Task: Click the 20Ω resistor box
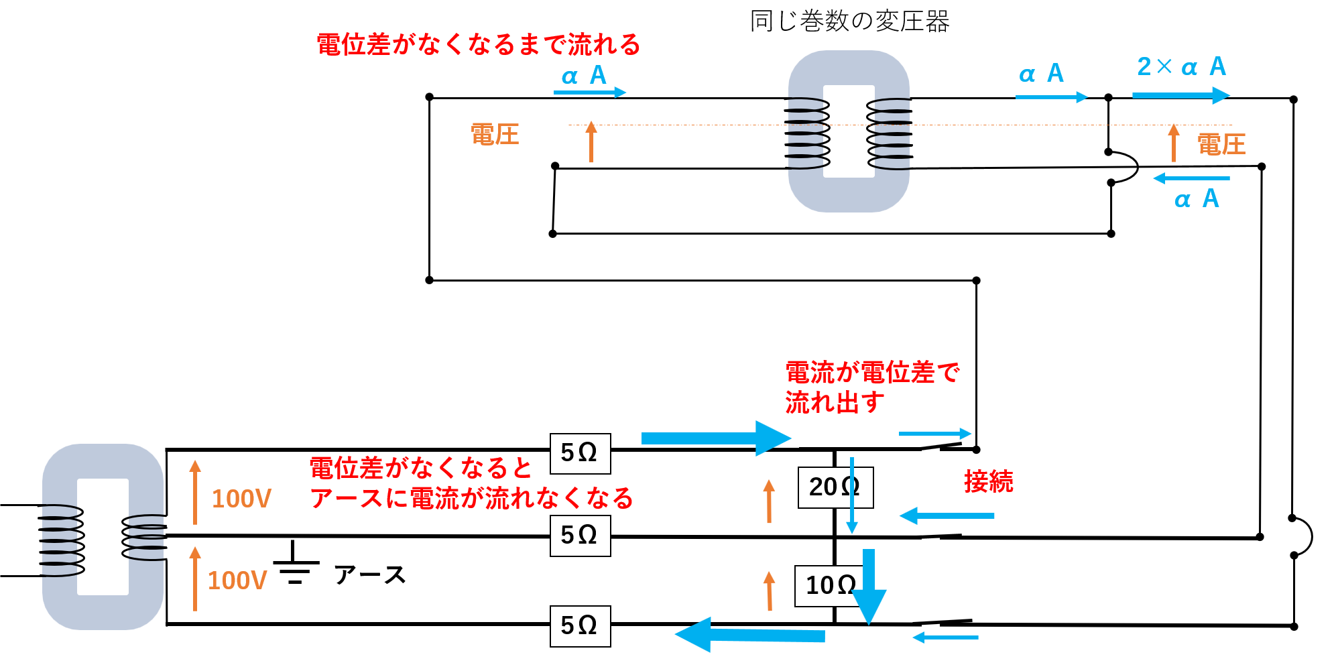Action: (835, 487)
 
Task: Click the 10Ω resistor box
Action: (830, 586)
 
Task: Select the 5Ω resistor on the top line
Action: (580, 454)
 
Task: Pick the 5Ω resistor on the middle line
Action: (580, 536)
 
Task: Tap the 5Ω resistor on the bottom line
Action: (580, 626)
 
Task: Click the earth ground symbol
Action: (295, 564)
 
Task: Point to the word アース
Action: (369, 575)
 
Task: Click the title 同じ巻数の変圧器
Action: (849, 21)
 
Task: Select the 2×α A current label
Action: (1182, 66)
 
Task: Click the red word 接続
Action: (989, 481)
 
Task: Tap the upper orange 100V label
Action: (241, 499)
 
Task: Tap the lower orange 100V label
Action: (237, 581)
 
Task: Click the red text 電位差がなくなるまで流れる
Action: (479, 45)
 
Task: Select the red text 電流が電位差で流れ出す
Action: (872, 387)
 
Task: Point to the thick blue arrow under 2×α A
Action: (1181, 95)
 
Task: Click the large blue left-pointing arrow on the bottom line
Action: (750, 634)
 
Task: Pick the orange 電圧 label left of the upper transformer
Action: (495, 135)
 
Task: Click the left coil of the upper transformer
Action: (807, 133)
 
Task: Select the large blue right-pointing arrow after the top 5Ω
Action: (716, 438)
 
